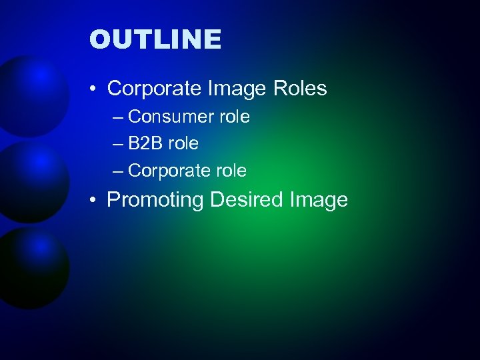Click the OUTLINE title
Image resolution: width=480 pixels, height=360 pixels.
(155, 39)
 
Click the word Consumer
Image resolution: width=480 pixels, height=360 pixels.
(167, 117)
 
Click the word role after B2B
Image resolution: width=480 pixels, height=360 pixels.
(183, 143)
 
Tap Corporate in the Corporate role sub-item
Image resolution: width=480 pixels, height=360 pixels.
(169, 171)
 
